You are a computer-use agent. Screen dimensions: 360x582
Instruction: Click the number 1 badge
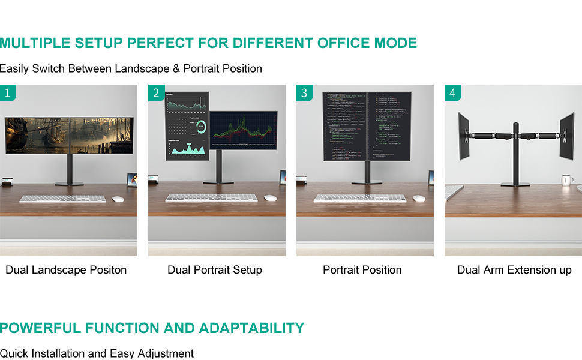click(x=7, y=93)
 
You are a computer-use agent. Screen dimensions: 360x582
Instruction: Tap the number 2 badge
click(x=156, y=93)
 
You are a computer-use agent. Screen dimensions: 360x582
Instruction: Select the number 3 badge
click(x=304, y=93)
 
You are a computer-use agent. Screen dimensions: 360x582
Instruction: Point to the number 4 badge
click(x=452, y=93)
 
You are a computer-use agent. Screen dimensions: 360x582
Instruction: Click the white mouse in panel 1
click(x=118, y=199)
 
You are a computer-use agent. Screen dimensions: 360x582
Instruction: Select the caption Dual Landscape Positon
click(x=66, y=270)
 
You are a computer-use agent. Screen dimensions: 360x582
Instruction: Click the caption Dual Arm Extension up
click(x=514, y=270)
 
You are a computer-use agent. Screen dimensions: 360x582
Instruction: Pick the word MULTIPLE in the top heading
click(x=34, y=43)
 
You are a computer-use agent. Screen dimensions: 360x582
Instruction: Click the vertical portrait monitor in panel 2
click(x=187, y=126)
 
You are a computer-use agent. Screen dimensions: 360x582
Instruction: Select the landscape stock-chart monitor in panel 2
click(x=243, y=130)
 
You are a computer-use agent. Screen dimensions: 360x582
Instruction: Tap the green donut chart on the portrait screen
click(x=200, y=127)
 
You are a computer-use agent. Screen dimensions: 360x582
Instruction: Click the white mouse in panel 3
click(x=419, y=198)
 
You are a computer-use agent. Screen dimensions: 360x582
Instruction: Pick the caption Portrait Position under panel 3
click(x=362, y=270)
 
